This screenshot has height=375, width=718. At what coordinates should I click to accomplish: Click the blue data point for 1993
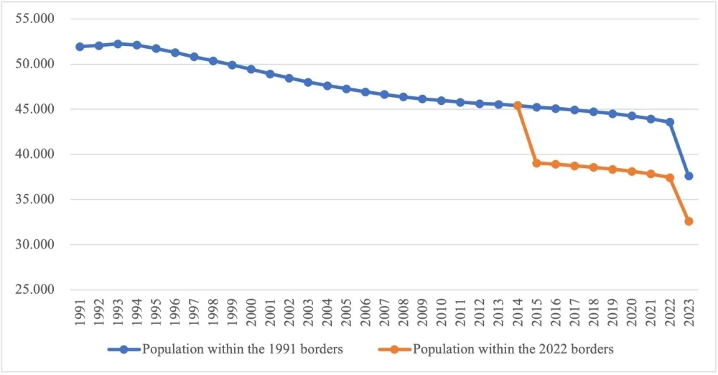point(118,44)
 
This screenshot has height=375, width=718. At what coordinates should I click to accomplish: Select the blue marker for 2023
point(689,176)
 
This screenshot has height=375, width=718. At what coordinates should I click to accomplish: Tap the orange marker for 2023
point(689,221)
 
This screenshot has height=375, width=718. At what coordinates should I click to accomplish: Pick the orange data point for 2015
point(536,163)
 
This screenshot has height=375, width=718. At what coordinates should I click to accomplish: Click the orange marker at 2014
point(518,106)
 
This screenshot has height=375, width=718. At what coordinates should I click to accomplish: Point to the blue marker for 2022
point(670,122)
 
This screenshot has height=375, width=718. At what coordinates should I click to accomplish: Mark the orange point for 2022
point(670,177)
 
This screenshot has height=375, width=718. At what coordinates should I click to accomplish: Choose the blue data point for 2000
point(251,69)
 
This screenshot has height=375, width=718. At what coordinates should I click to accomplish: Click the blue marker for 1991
point(80,47)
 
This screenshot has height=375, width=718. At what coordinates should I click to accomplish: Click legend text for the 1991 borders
point(243,350)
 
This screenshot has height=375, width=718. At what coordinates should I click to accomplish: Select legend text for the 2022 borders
point(513,350)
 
